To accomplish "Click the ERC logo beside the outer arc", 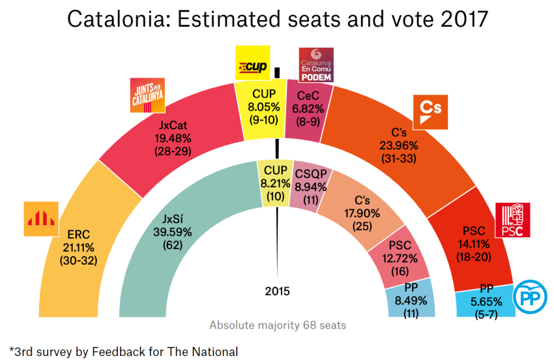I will pos(41,218).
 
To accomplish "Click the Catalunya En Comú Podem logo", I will pos(315,65).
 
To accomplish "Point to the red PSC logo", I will pos(513,220).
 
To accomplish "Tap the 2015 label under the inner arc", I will pos(278,292).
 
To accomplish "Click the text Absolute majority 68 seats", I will pos(278,325).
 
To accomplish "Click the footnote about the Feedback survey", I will pos(124,351).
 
